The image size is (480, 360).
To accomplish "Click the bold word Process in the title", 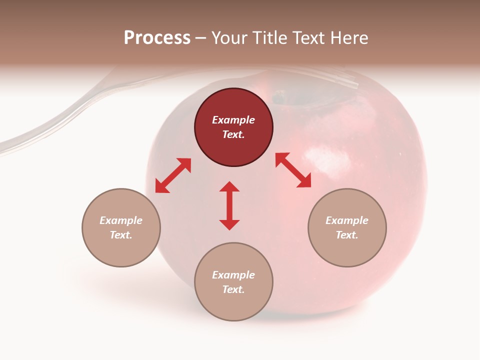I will (157, 38).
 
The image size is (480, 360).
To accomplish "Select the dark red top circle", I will (233, 127).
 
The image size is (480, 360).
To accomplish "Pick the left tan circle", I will (121, 227).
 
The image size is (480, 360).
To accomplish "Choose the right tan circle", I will (347, 227).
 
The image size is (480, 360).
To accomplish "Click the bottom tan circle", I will (233, 281).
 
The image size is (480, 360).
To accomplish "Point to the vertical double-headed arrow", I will (229, 206).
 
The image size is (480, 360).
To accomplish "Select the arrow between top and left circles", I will (173, 175).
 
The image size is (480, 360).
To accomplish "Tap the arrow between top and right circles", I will (293, 170).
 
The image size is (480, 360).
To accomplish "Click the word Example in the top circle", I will (233, 120).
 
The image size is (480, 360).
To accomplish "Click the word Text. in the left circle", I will (121, 235).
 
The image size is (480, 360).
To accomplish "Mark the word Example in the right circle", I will (347, 220).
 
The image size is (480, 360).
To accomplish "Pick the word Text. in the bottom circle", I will (233, 289).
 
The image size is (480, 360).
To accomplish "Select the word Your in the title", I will (229, 38).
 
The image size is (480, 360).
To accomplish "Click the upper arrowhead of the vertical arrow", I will (229, 187).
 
